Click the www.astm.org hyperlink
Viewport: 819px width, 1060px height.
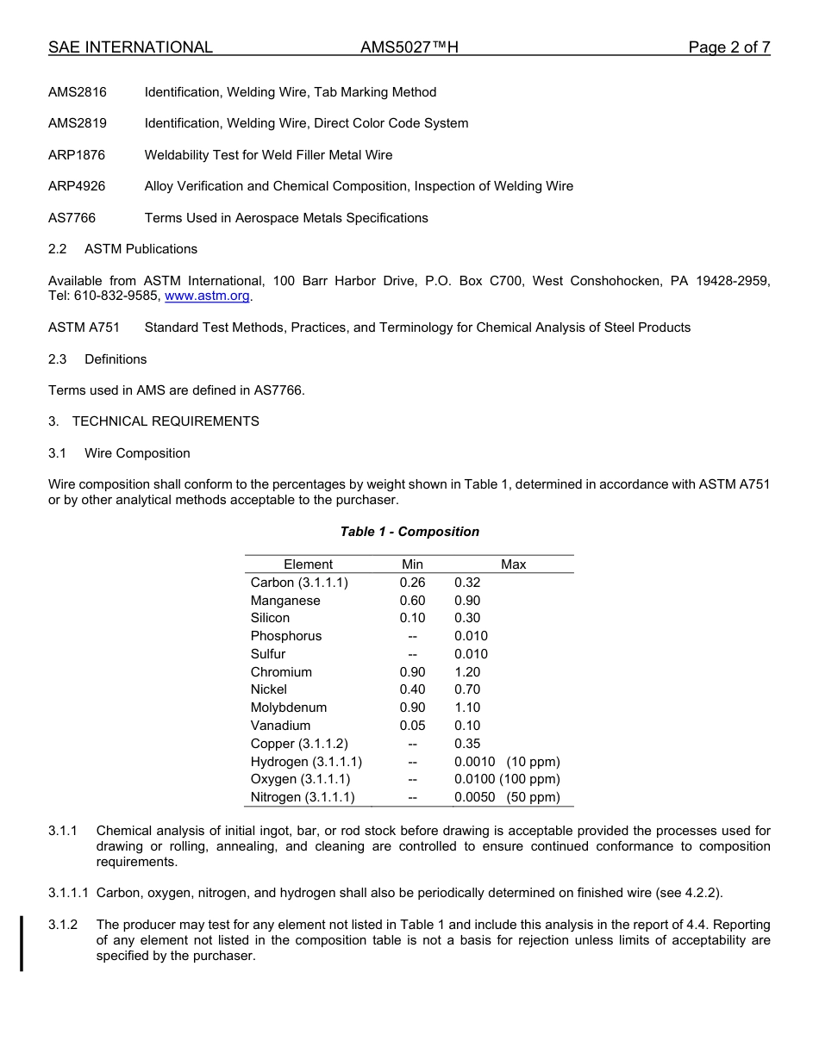coord(207,296)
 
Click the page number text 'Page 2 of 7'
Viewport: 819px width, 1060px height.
coord(728,47)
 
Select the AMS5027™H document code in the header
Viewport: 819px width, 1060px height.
coord(409,47)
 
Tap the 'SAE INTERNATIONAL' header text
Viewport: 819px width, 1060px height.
coord(130,47)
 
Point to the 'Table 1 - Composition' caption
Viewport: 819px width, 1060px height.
coord(409,532)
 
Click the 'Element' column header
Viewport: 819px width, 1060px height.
coord(308,564)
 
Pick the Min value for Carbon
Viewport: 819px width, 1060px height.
coord(412,583)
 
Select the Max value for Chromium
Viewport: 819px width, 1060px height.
coord(467,672)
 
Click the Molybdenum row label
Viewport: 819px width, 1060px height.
coord(289,708)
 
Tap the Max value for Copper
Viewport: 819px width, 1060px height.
coord(467,744)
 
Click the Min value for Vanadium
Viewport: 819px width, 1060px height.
coord(412,726)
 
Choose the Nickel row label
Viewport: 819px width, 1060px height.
coord(269,689)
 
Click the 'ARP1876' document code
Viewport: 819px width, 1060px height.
coord(77,155)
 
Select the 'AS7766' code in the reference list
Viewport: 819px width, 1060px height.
coord(72,218)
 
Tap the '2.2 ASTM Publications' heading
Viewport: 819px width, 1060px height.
coord(122,249)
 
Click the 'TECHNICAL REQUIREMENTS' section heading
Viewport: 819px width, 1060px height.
coord(166,421)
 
